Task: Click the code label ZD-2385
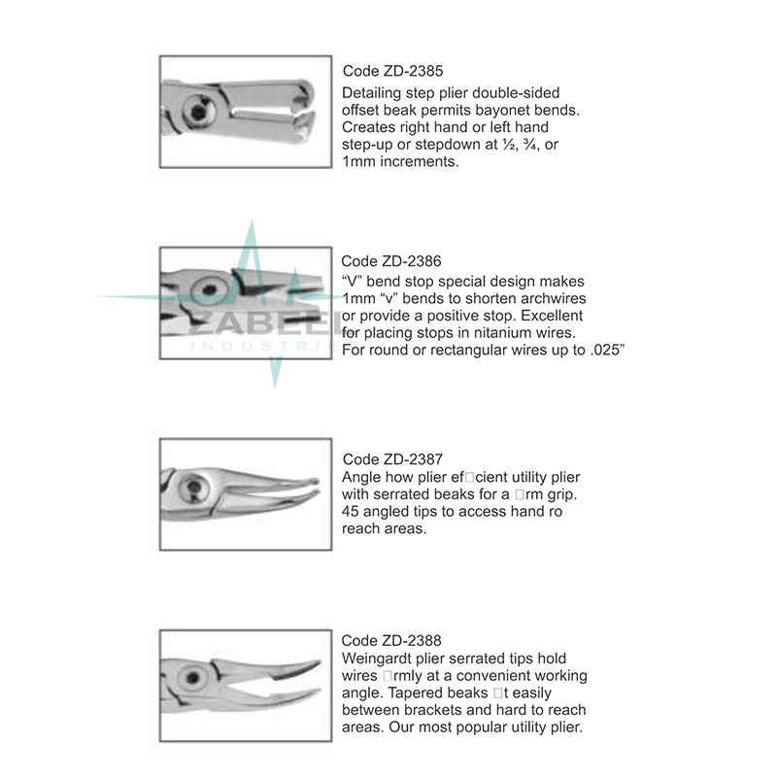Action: click(x=382, y=71)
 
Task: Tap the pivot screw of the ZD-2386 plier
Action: click(x=206, y=289)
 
